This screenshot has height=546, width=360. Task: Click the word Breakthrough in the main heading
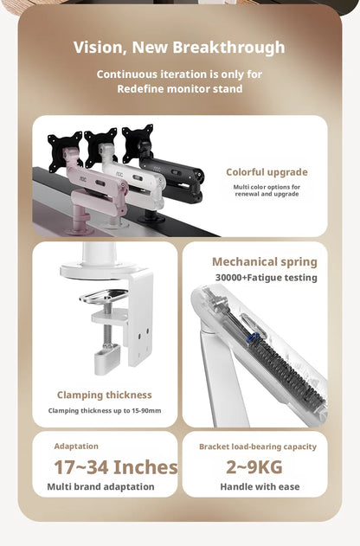(x=228, y=48)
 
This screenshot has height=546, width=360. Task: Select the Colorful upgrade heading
(x=267, y=172)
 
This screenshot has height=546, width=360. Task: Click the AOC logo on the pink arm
(x=83, y=178)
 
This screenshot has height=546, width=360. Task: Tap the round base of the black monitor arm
(x=151, y=219)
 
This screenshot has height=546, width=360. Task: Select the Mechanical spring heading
(x=265, y=262)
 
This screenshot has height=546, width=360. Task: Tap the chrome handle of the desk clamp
(x=104, y=296)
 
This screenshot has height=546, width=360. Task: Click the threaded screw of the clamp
(x=107, y=324)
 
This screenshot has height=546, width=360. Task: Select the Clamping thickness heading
(x=105, y=395)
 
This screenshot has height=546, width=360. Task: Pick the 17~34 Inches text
(x=116, y=467)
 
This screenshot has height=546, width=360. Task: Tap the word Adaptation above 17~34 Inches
(x=76, y=446)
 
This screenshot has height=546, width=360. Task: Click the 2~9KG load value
(x=254, y=467)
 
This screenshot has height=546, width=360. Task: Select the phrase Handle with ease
(x=260, y=487)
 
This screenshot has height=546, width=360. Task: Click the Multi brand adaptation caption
(x=100, y=487)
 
